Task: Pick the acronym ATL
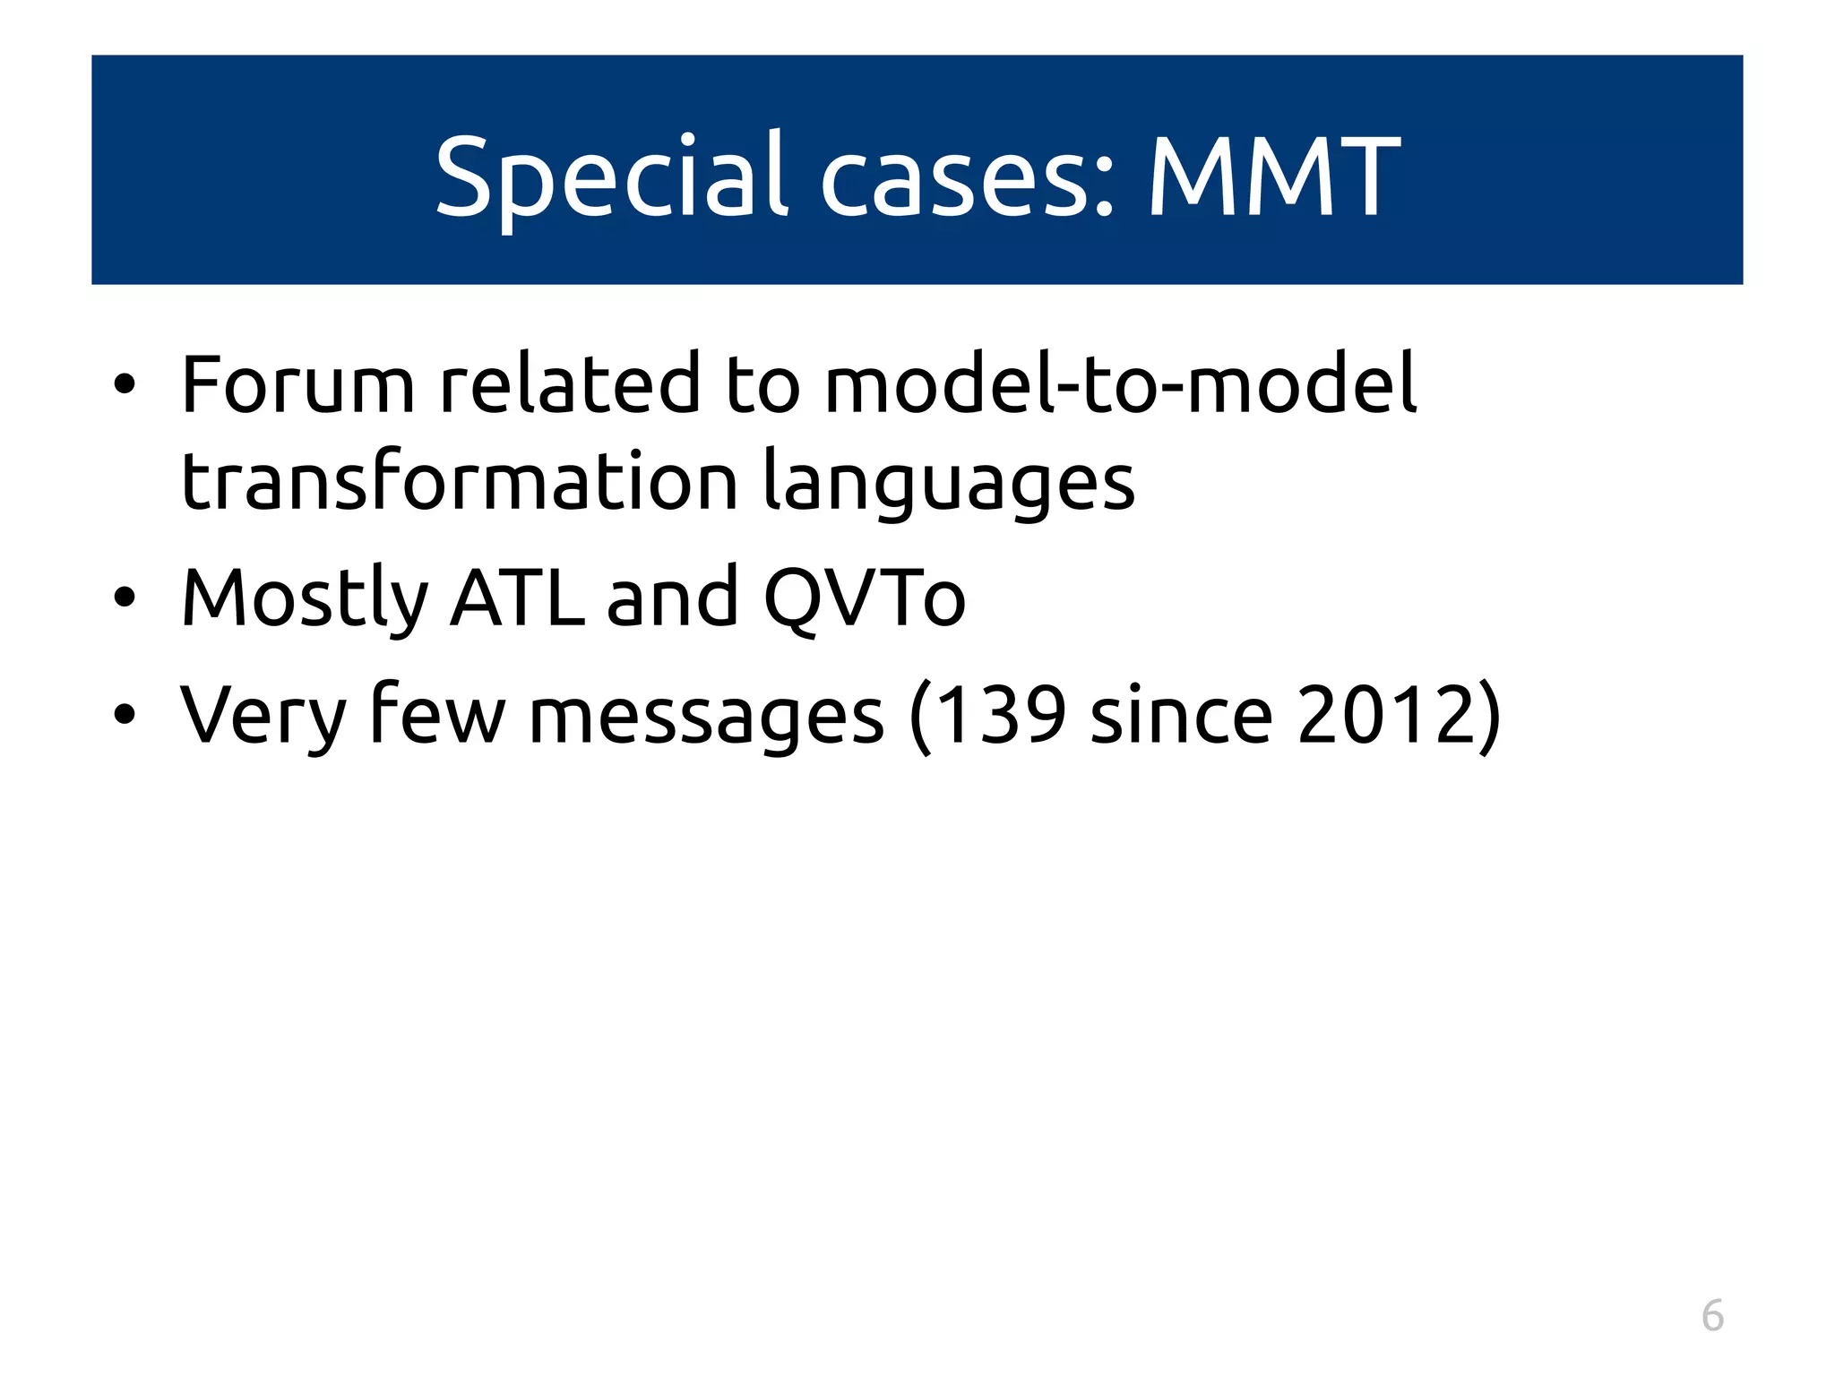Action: [x=518, y=598]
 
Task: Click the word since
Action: [x=1181, y=715]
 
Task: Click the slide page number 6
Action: [x=1712, y=1316]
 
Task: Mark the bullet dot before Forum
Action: [x=125, y=386]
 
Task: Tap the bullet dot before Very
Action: [x=125, y=715]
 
